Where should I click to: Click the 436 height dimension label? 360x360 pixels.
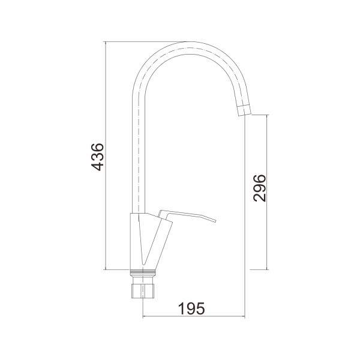coord(98,157)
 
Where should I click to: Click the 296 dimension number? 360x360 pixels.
coord(259,188)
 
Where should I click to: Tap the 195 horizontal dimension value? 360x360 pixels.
coord(191,308)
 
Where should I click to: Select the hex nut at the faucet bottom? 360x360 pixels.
coord(143,291)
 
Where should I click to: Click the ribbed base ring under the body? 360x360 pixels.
coord(143,272)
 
